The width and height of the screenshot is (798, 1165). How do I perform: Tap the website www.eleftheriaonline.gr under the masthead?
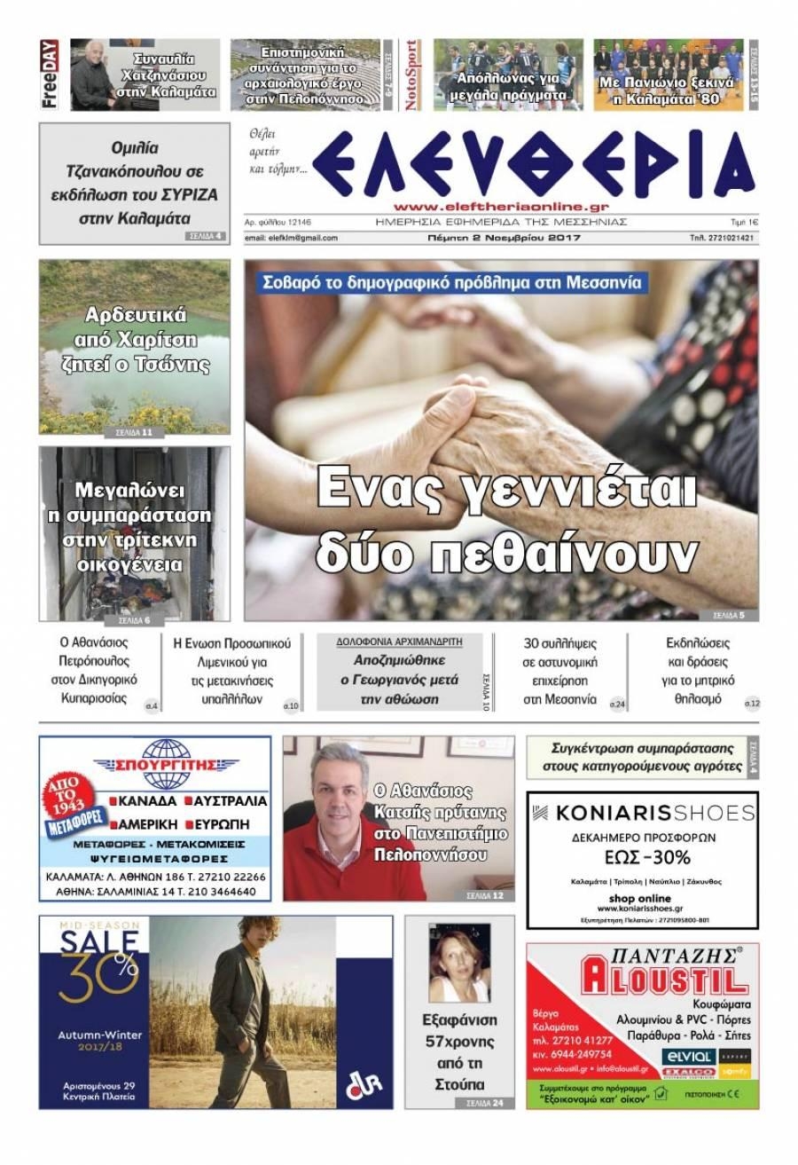[499, 206]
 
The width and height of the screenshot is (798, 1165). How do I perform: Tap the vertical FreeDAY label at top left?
[49, 75]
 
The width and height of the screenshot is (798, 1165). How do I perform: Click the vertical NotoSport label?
[411, 75]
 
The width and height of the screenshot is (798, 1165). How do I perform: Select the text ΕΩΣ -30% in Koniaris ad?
[641, 857]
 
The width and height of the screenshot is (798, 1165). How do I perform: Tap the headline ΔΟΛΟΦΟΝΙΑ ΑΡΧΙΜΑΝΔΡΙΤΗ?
[398, 641]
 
